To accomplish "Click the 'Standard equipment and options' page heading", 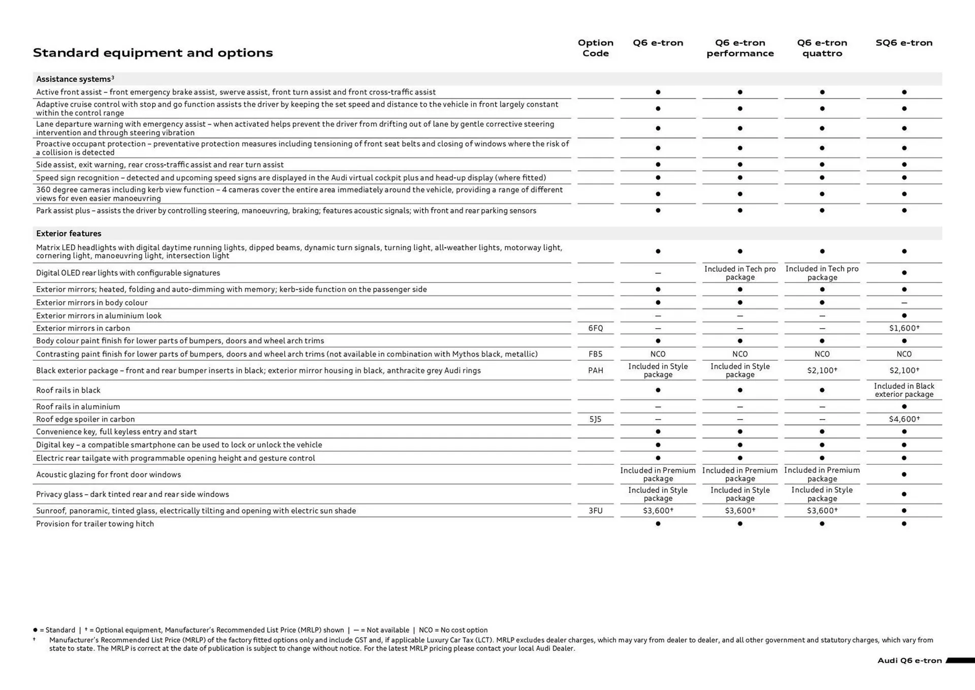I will coord(152,53).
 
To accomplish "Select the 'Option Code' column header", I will coord(595,48).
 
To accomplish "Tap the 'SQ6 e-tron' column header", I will coord(903,43).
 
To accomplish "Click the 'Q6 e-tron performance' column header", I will coord(740,48).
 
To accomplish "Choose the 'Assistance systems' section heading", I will coord(75,79).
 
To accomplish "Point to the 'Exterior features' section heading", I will coord(69,234).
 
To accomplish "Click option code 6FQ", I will coord(595,328).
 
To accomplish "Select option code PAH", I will coord(595,370).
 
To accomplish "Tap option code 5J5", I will coord(595,419).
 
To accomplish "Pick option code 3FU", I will coord(595,511).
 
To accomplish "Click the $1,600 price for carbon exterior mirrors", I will coord(904,328).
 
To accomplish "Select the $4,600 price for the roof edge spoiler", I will coord(904,419).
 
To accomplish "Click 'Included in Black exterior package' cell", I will coord(904,390).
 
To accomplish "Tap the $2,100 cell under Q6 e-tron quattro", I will coord(822,370).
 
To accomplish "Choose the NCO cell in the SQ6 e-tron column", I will coord(904,354).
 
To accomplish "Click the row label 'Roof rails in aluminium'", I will coord(78,406).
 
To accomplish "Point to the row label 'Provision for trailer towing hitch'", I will coord(95,524).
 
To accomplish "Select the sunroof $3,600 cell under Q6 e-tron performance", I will coord(740,511).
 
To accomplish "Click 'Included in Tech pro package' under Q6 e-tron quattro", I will coord(822,273).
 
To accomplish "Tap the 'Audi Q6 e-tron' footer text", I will coord(909,661).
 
